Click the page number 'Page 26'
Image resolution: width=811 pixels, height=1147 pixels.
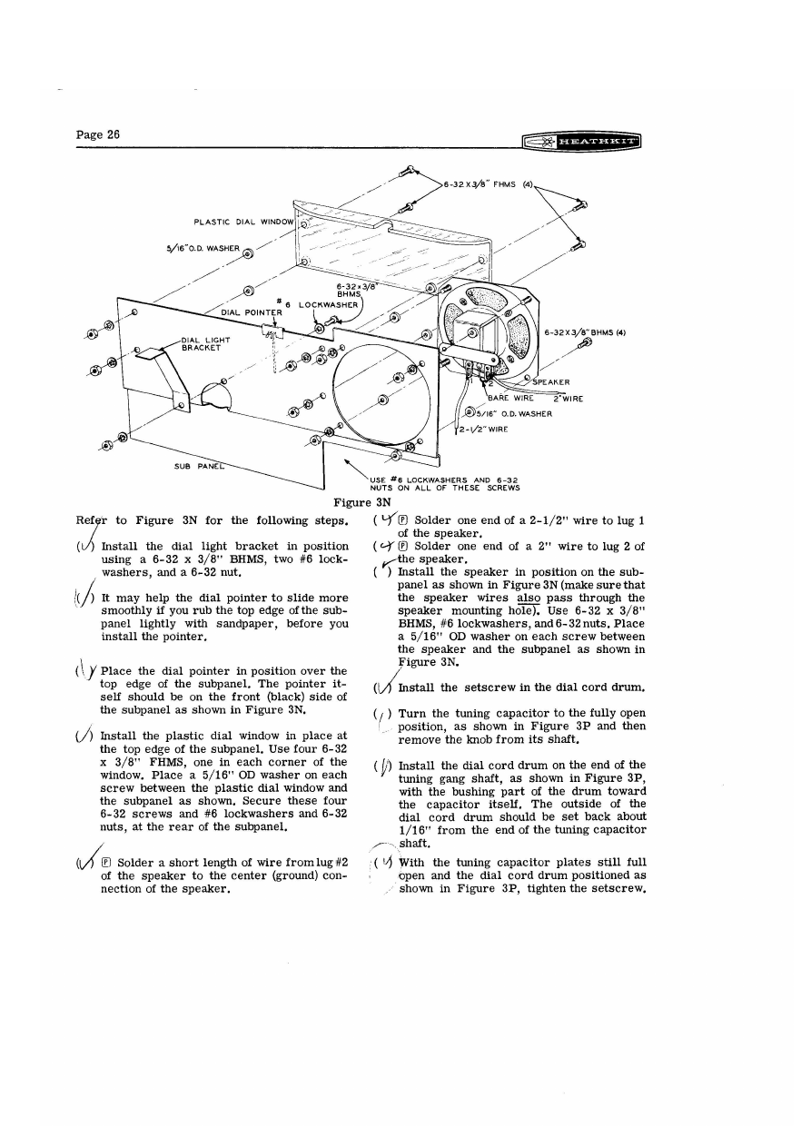tap(98, 134)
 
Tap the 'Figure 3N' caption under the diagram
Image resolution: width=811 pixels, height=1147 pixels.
tap(362, 501)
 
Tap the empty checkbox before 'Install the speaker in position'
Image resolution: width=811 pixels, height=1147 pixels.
tap(377, 573)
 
